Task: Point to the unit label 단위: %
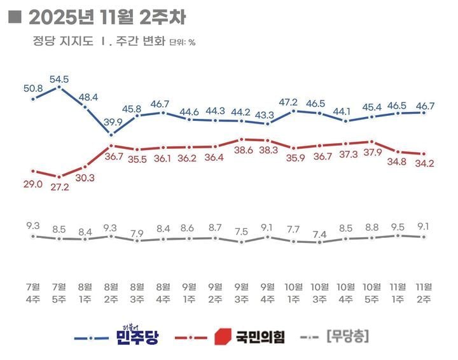pyautogui.click(x=182, y=43)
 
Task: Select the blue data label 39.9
pyautogui.click(x=111, y=122)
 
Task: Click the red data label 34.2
pyautogui.click(x=423, y=167)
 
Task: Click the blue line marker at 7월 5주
pyautogui.click(x=59, y=88)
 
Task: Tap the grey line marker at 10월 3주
pyautogui.click(x=319, y=242)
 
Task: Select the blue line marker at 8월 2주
pyautogui.click(x=111, y=134)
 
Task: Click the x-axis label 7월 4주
pyautogui.click(x=33, y=291)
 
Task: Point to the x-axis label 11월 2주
pyautogui.click(x=423, y=291)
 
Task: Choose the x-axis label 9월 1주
pyautogui.click(x=190, y=291)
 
